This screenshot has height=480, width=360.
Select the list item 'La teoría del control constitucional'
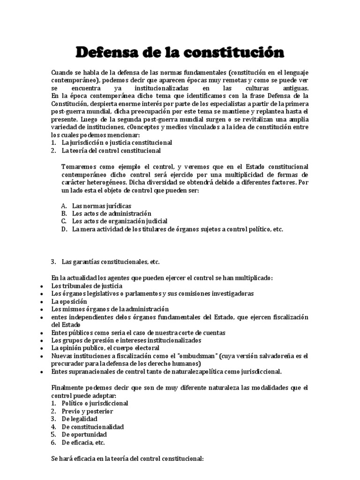coord(111,150)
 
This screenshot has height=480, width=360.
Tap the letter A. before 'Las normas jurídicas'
coord(64,206)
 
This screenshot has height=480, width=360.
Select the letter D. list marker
coord(64,229)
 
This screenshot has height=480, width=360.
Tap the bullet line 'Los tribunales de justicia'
coord(87,285)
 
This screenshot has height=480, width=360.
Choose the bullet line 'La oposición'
coord(69,301)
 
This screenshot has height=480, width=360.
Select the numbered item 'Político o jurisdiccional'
coord(95,403)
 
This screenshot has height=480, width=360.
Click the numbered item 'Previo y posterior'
coord(87,411)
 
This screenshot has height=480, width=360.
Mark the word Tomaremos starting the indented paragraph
coord(79,166)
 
